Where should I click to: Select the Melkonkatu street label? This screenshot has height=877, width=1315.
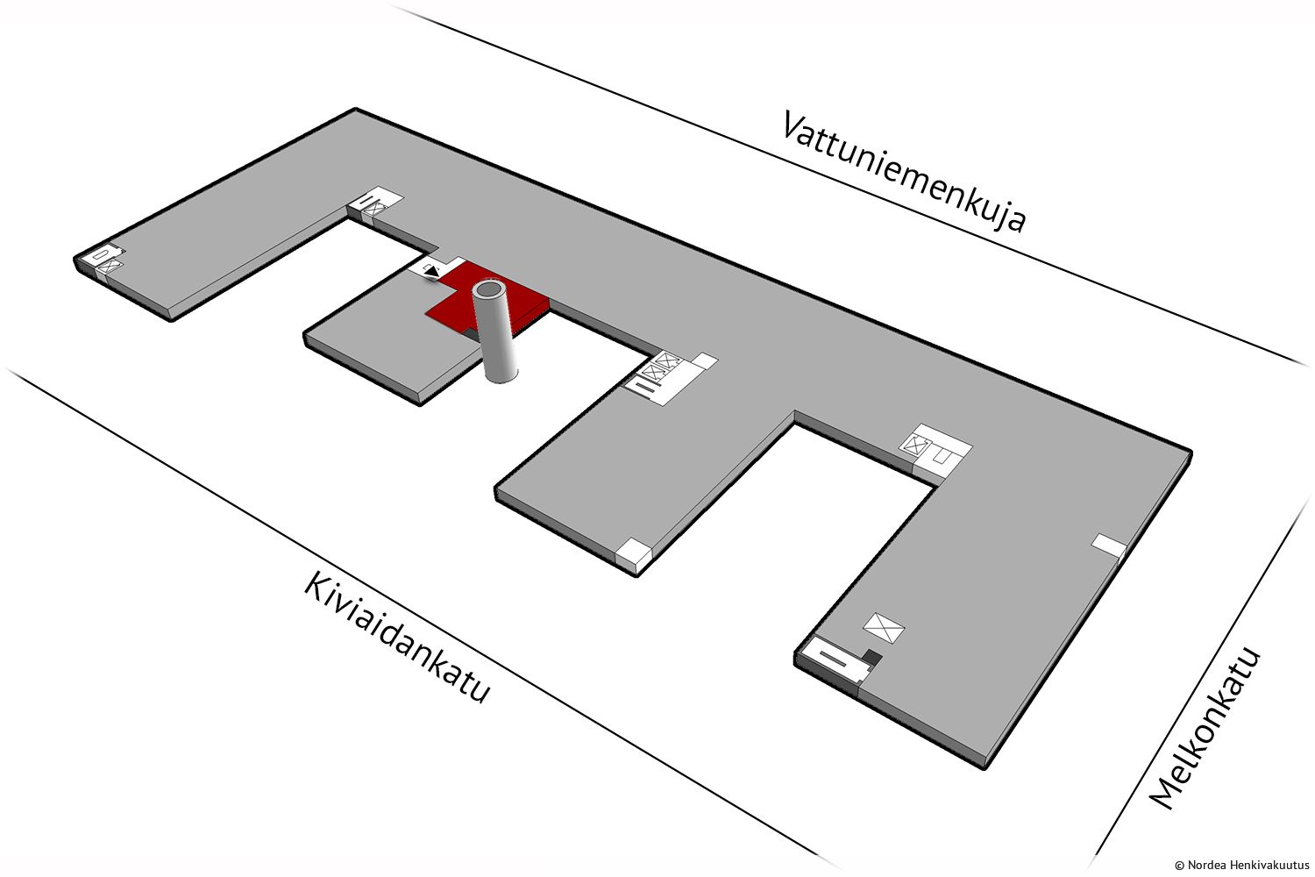(x=1205, y=729)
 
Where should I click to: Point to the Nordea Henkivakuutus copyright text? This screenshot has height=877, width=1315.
(x=1241, y=865)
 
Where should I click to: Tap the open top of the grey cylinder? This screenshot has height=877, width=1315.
(x=489, y=289)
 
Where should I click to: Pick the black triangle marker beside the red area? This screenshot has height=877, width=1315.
(x=432, y=271)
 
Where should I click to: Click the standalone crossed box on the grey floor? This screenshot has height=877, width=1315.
(x=884, y=629)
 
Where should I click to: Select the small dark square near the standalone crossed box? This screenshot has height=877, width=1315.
(x=872, y=657)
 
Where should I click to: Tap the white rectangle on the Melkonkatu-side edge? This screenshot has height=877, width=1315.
(x=1108, y=544)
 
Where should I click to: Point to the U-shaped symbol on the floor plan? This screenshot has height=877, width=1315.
(x=942, y=454)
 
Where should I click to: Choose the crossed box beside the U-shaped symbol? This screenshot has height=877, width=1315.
(x=916, y=446)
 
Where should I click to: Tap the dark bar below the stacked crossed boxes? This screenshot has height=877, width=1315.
(x=645, y=387)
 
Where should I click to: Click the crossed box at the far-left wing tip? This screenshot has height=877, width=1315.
(x=109, y=266)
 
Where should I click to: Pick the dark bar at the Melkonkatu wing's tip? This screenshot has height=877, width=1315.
(x=833, y=658)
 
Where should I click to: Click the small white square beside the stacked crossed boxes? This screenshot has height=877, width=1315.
(x=707, y=361)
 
